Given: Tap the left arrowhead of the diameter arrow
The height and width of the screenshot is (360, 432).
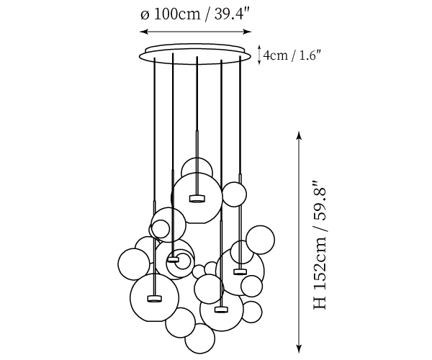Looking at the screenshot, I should tap(141, 32).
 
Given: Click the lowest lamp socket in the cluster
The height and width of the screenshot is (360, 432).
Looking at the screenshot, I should tap(221, 310).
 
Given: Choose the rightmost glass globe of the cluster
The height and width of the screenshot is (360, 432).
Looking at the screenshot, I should tap(261, 239).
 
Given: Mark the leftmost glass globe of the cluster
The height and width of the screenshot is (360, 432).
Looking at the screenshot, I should tap(133, 263).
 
